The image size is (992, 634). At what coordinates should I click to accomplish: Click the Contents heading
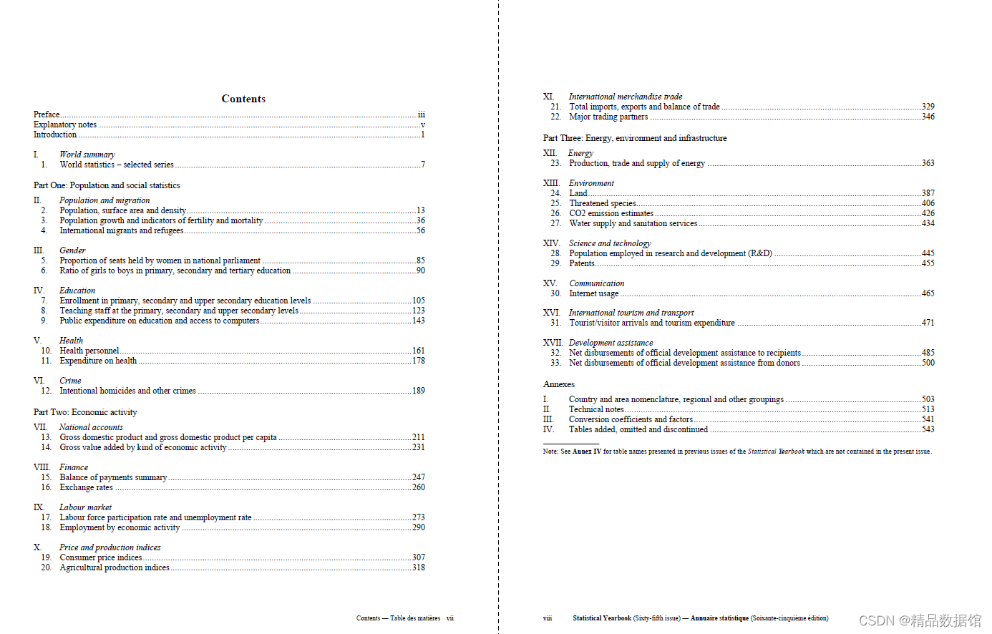point(243,99)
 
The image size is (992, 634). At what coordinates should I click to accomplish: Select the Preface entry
point(47,114)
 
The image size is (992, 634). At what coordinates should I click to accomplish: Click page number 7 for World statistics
point(422,165)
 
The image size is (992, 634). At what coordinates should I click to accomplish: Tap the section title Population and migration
point(104,200)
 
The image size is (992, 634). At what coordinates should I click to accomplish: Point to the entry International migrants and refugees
point(122,230)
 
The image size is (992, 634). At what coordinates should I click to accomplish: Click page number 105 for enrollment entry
point(418,301)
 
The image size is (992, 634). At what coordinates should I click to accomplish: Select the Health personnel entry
point(89,351)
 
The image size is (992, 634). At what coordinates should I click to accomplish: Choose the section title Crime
point(70,381)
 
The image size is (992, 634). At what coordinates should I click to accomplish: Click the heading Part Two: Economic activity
point(85,412)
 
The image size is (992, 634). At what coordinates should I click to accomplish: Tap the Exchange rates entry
point(87,487)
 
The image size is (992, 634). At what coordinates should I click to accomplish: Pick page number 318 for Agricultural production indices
point(418,567)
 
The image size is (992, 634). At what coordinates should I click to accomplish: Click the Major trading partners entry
point(608,117)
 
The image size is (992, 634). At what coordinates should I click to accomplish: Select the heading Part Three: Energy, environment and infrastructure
point(635,138)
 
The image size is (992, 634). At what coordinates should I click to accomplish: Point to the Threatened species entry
point(603,203)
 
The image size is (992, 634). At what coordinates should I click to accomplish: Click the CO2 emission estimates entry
point(611,213)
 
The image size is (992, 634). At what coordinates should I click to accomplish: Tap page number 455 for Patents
point(928,263)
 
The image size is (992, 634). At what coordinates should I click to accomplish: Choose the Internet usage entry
point(594,293)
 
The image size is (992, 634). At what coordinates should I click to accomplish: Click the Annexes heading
point(559,384)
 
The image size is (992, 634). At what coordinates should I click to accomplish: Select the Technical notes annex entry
point(596,409)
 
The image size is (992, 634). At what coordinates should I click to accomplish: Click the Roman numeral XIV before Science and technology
point(551,243)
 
